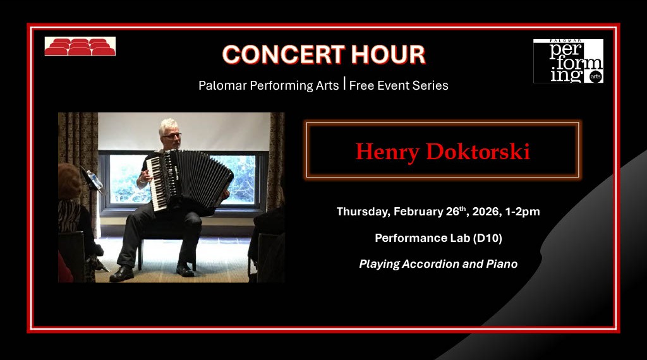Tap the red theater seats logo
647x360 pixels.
click(x=80, y=47)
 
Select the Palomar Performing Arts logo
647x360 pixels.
click(x=568, y=61)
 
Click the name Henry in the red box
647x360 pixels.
click(x=388, y=152)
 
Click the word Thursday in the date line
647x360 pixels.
click(x=363, y=212)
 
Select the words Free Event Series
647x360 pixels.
click(x=399, y=85)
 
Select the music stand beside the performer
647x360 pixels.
click(x=92, y=180)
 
